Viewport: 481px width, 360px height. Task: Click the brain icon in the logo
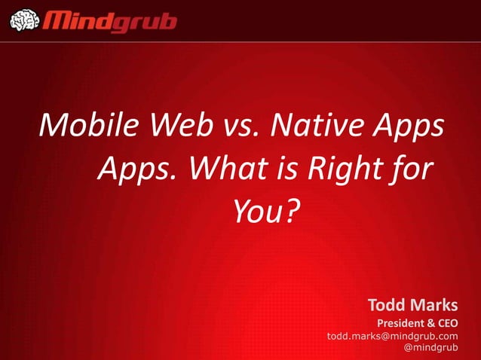[x=23, y=20]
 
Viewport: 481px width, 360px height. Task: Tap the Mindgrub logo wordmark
[x=112, y=20]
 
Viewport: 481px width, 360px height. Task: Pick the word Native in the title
[x=317, y=124]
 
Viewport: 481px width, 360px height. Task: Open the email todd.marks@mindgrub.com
[x=392, y=336]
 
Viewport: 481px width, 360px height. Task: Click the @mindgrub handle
[x=431, y=348]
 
